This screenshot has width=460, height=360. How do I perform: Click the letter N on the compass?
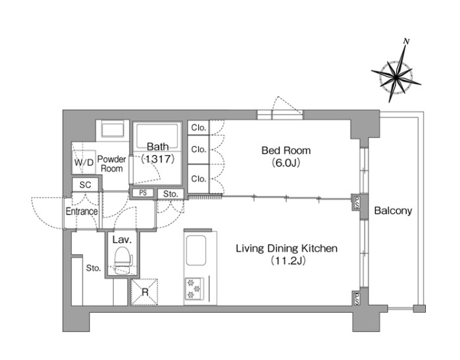(406, 41)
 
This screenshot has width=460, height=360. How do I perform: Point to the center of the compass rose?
(396, 77)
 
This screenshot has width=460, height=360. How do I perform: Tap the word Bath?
(158, 147)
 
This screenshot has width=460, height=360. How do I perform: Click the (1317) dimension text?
(158, 159)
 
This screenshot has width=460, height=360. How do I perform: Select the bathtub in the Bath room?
(157, 136)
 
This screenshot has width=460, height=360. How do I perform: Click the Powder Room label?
(111, 164)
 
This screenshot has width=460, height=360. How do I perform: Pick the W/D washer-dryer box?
(84, 163)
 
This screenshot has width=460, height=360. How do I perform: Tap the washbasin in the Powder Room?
(113, 130)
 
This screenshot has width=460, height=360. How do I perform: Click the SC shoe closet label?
(85, 185)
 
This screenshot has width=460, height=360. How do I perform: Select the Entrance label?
(82, 211)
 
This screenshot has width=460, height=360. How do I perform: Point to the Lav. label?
(122, 240)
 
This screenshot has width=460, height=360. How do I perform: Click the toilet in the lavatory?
(123, 260)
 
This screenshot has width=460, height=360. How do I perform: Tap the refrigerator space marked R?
(145, 292)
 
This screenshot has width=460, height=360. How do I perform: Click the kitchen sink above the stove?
(195, 251)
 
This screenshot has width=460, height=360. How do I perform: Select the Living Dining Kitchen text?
(287, 249)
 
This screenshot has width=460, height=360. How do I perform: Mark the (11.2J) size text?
(288, 261)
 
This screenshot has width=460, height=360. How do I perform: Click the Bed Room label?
(286, 151)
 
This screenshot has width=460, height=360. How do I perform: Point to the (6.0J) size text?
(286, 163)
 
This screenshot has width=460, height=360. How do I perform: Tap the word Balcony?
(393, 211)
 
